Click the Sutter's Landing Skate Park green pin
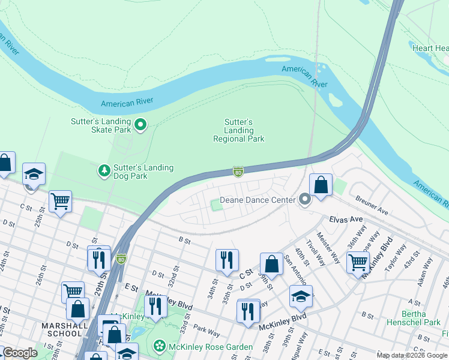141,125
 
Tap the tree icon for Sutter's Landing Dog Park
104,172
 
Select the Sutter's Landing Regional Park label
238,130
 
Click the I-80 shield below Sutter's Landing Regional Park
238,172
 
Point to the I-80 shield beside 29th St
121,259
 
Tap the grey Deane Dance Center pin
305,199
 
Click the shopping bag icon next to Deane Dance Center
321,185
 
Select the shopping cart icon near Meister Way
358,262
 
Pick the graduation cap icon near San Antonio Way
301,296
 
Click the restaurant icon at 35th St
227,260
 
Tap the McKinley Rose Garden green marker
159,346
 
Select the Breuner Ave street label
372,205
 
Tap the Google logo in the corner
20,353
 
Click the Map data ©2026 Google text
411,355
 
